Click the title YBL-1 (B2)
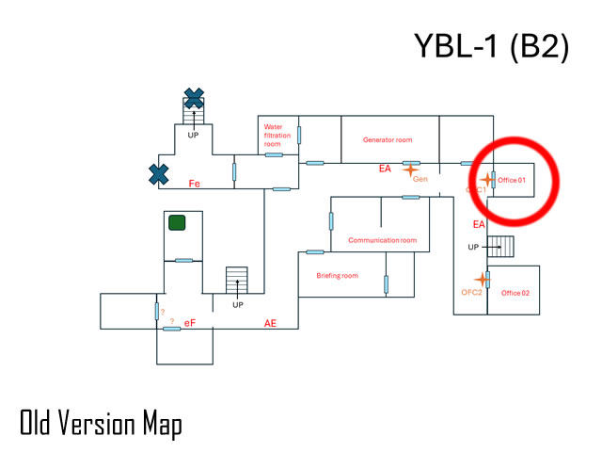(491, 46)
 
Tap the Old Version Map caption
(101, 423)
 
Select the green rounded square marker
(176, 223)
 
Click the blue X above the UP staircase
(194, 97)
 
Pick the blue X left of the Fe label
(159, 173)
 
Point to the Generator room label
(388, 139)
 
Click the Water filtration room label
(273, 135)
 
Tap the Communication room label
(382, 240)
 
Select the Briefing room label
(337, 276)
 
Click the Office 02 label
(515, 293)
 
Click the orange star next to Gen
(410, 169)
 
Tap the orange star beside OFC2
(483, 280)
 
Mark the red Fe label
(196, 183)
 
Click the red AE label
(270, 323)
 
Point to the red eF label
(190, 323)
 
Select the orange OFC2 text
(471, 293)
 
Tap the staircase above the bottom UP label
(237, 281)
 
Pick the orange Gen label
(420, 179)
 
